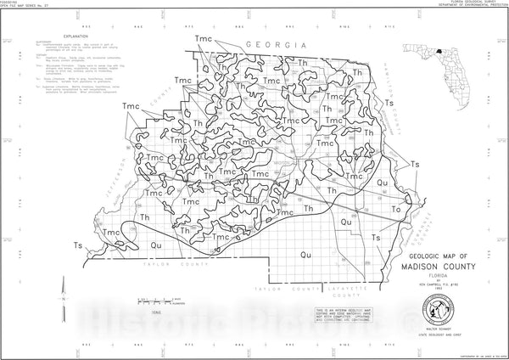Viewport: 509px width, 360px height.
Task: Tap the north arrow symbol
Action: pyautogui.click(x=64, y=302)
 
